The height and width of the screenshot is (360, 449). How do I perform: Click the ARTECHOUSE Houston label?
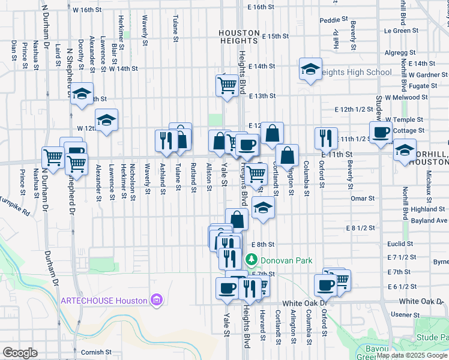coord(103,301)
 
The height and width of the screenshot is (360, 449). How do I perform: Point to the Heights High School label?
coord(355,73)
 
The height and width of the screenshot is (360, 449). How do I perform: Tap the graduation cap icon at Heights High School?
coord(310,69)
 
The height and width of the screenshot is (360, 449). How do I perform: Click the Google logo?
coord(19,353)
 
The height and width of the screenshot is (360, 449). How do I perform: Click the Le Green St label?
coord(401,29)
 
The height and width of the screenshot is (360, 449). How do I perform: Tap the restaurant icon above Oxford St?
coord(326,137)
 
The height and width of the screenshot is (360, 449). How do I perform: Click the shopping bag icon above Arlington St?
coord(288,155)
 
